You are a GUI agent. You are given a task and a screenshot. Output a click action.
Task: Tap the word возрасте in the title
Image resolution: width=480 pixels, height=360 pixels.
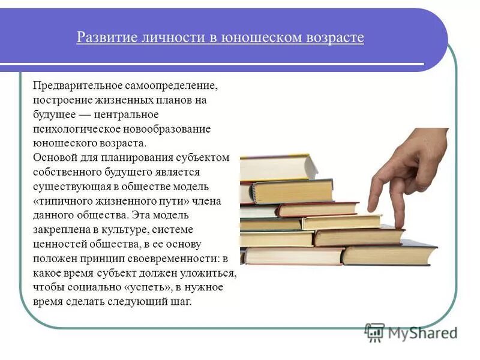coord(334,38)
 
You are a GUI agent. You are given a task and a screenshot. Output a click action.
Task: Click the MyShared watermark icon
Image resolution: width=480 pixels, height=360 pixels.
coord(374,332)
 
